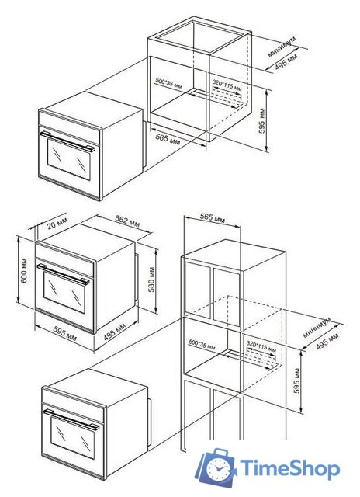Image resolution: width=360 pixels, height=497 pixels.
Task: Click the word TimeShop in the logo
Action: click(289, 469)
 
